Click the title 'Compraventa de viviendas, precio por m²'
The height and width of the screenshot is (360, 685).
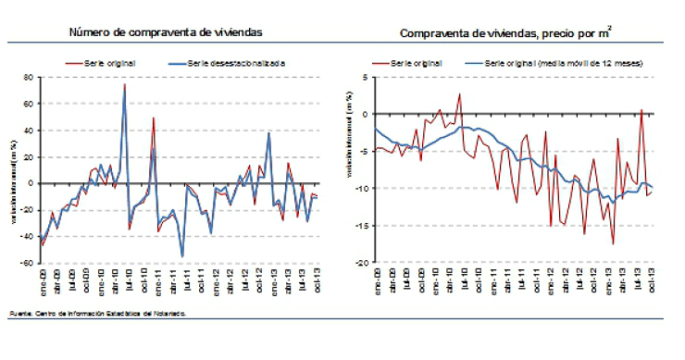505,33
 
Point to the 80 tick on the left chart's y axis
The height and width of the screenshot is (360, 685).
28,78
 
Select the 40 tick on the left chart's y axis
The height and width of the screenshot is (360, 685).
28,130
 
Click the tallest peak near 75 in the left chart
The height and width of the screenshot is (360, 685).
125,85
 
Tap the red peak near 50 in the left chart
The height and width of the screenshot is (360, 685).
154,118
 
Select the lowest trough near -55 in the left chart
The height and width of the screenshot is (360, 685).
182,255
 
